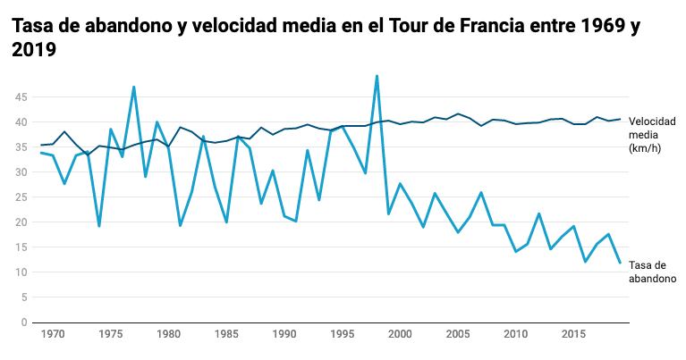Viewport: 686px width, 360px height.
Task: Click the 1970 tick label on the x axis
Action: pyautogui.click(x=53, y=333)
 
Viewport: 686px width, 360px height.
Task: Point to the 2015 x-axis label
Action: pyautogui.click(x=572, y=333)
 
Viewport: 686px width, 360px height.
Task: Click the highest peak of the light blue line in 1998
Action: pyautogui.click(x=377, y=76)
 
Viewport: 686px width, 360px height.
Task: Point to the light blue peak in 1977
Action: pyautogui.click(x=134, y=88)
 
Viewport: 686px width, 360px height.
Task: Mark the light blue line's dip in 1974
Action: pyautogui.click(x=99, y=226)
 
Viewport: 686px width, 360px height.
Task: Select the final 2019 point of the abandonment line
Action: pyautogui.click(x=620, y=263)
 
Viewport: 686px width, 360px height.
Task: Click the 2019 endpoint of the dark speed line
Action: pyautogui.click(x=620, y=119)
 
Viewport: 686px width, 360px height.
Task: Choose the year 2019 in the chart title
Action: pyautogui.click(x=34, y=52)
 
